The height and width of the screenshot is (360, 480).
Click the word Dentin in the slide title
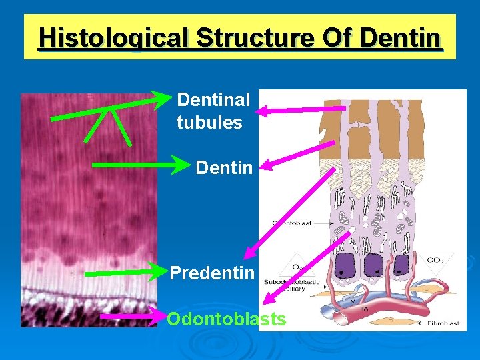[400, 37]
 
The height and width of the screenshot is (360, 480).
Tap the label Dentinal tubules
[212, 111]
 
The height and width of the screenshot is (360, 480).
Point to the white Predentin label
[212, 273]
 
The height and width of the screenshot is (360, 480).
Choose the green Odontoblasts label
[227, 319]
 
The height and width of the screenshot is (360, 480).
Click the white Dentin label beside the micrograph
[224, 168]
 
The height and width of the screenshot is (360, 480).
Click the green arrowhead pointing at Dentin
[183, 164]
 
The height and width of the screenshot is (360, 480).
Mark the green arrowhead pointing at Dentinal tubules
[163, 100]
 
